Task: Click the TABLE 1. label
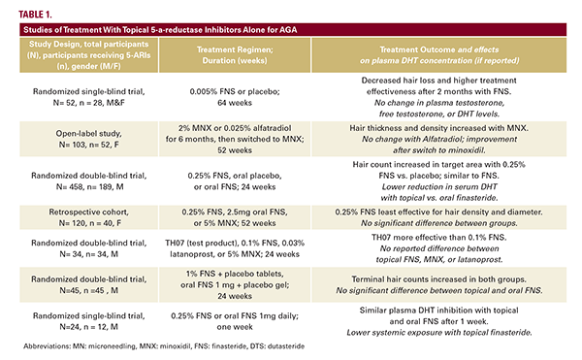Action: (x=35, y=15)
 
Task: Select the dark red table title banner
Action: (x=293, y=30)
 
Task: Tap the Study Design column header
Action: (x=88, y=55)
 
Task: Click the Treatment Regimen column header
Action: (x=235, y=55)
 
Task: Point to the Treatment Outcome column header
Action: (x=439, y=55)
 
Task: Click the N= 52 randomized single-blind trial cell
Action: (x=88, y=97)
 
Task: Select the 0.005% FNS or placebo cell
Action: (x=235, y=97)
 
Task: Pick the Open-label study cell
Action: (x=88, y=139)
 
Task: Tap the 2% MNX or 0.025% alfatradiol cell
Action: (x=235, y=139)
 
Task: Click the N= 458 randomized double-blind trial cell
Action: (x=88, y=180)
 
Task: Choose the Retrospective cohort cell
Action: (x=88, y=217)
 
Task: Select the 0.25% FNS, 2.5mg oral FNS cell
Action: (x=235, y=217)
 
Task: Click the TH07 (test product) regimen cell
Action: (x=235, y=248)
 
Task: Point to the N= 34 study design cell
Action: (x=88, y=248)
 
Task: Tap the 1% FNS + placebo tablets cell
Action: (x=235, y=284)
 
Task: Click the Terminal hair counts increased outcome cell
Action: (x=439, y=284)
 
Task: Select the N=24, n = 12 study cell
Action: (x=88, y=321)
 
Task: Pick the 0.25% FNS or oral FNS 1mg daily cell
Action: (x=235, y=321)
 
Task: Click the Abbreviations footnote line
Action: (x=164, y=346)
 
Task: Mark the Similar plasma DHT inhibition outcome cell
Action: (x=439, y=321)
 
